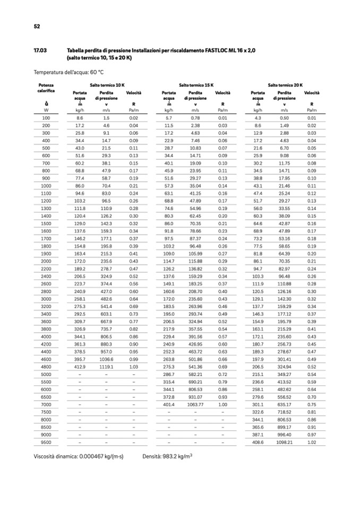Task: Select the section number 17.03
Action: pyautogui.click(x=40, y=50)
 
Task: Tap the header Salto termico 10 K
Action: pyautogui.click(x=107, y=85)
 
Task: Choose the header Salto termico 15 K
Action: pyautogui.click(x=196, y=85)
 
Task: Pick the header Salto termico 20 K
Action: pyautogui.click(x=285, y=85)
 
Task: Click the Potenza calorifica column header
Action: pyautogui.click(x=46, y=88)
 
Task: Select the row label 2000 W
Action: pyautogui.click(x=46, y=261)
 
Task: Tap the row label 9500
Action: pyautogui.click(x=46, y=442)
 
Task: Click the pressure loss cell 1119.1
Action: pyautogui.click(x=106, y=366)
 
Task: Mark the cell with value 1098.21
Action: pyautogui.click(x=285, y=442)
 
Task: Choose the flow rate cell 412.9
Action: pyautogui.click(x=80, y=366)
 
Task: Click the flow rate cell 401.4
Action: pyautogui.click(x=169, y=404)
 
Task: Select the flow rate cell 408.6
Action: pyautogui.click(x=258, y=442)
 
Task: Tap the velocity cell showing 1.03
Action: pyautogui.click(x=133, y=366)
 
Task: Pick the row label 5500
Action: pyautogui.click(x=46, y=382)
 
